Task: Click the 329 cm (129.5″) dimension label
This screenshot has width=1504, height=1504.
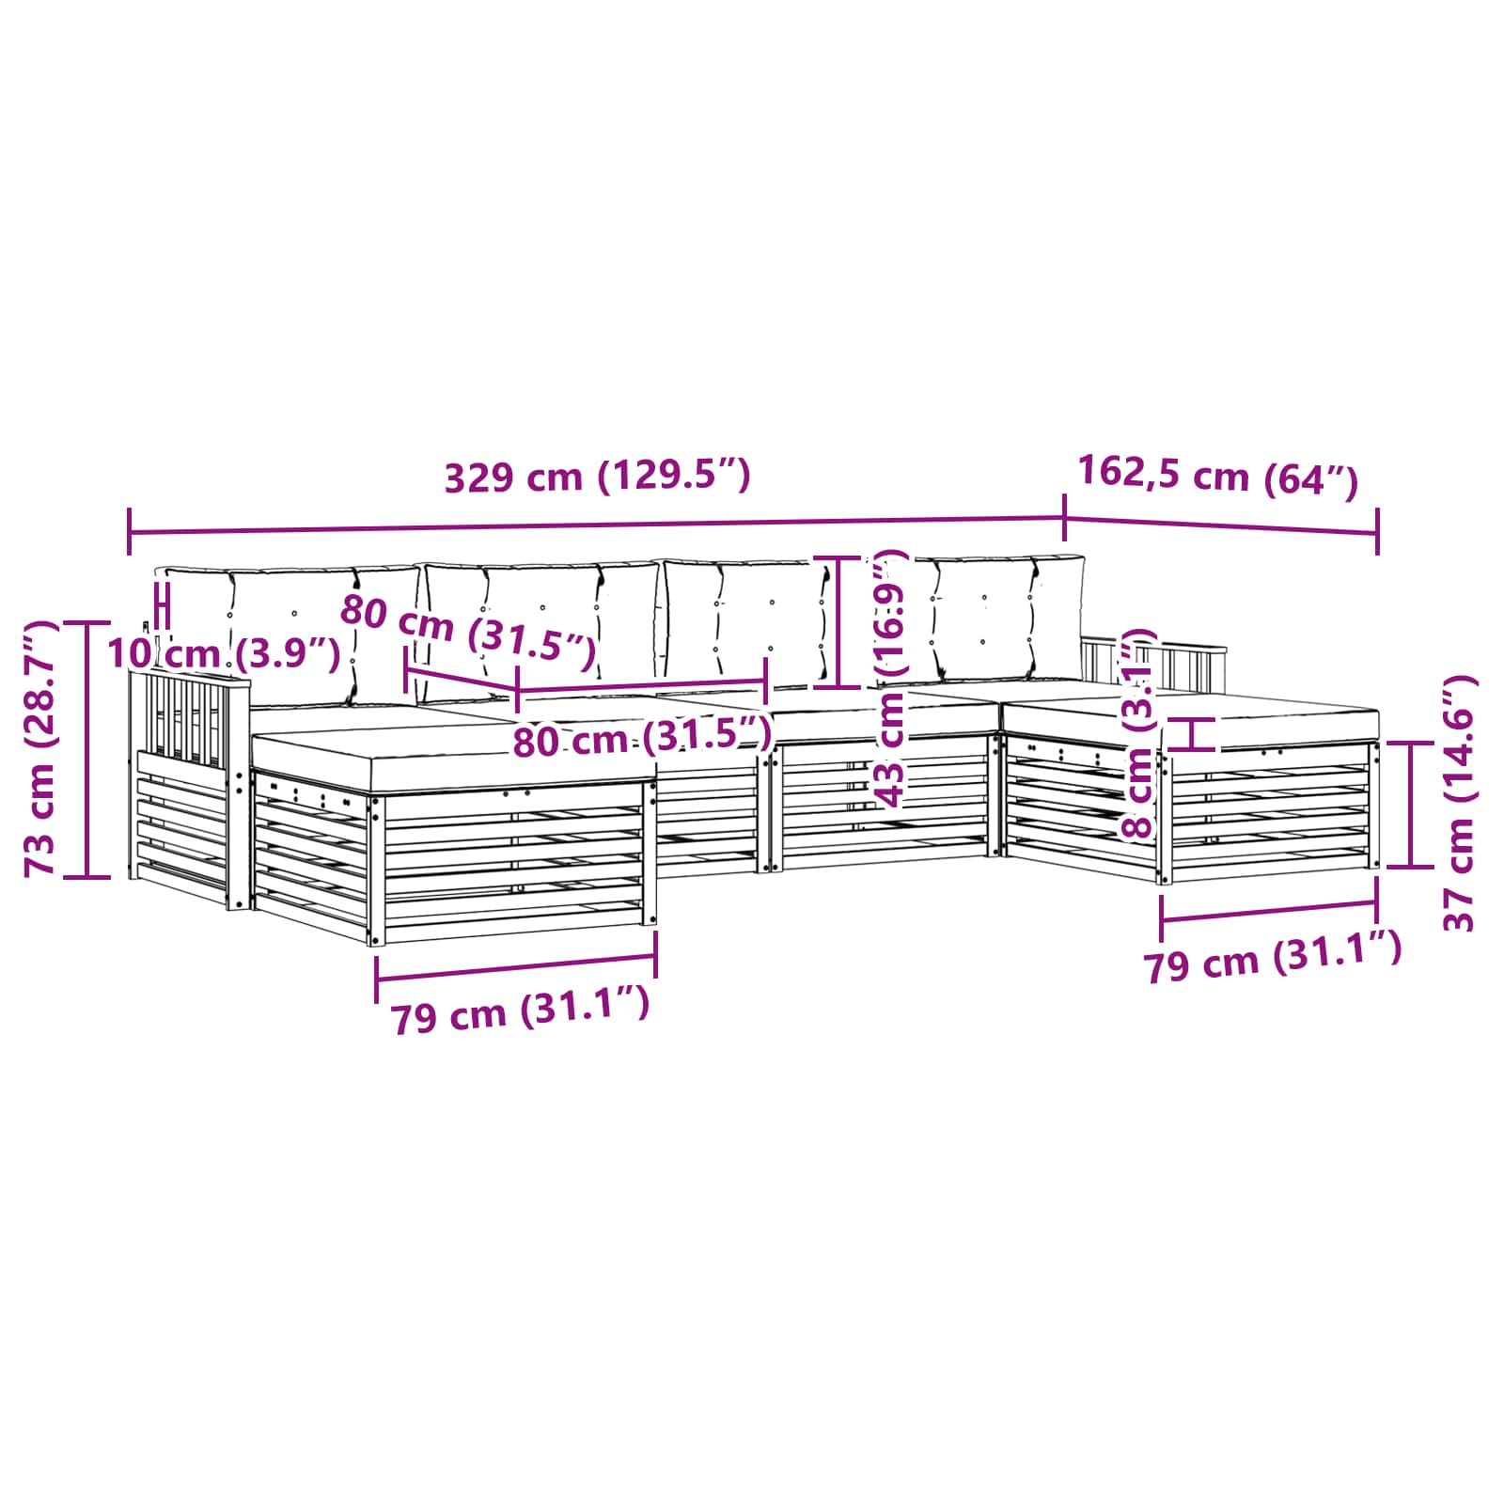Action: (x=597, y=477)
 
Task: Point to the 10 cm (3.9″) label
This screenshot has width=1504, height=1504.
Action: (x=224, y=652)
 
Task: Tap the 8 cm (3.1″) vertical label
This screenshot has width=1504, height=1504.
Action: (x=1138, y=733)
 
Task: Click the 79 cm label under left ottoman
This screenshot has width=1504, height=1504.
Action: (x=520, y=1012)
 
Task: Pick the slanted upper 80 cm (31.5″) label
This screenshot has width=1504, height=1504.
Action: (x=467, y=632)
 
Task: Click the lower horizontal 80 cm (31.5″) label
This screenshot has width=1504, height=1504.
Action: (x=641, y=738)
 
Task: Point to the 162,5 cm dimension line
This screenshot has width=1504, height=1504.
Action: (x=1221, y=526)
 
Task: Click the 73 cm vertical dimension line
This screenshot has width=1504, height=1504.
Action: (x=86, y=749)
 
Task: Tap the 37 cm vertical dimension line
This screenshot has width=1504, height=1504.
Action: (x=1411, y=804)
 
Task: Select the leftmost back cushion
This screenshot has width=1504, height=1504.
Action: (x=291, y=632)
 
